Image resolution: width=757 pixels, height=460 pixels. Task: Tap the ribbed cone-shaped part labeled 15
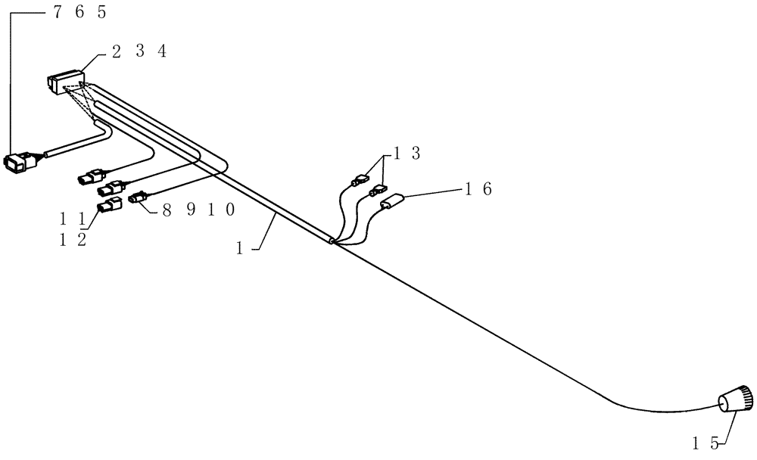point(735,398)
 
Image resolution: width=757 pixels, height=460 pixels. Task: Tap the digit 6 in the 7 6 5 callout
point(81,13)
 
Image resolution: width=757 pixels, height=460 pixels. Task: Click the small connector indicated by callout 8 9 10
point(139,198)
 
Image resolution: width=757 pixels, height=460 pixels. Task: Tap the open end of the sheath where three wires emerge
point(332,243)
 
